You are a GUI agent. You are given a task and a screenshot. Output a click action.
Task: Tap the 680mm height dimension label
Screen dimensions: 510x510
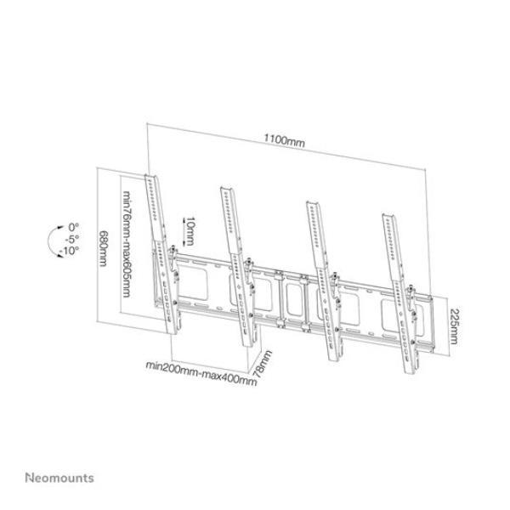click(103, 248)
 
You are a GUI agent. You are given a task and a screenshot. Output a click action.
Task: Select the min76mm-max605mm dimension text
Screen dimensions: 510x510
click(127, 243)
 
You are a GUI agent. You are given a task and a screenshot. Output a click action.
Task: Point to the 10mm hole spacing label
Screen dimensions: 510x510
click(190, 231)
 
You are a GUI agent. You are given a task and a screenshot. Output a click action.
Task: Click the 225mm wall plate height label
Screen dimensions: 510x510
click(453, 326)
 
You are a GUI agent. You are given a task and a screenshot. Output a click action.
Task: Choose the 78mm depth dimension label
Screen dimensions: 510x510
click(263, 364)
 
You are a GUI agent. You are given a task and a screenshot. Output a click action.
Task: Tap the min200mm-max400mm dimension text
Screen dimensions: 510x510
click(201, 373)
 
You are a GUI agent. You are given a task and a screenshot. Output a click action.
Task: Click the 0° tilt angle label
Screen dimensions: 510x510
click(73, 227)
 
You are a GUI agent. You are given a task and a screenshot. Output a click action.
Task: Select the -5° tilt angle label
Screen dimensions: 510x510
click(72, 239)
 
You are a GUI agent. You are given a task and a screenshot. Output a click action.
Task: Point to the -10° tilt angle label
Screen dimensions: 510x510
click(71, 251)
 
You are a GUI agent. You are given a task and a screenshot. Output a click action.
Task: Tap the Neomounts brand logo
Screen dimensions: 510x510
click(59, 478)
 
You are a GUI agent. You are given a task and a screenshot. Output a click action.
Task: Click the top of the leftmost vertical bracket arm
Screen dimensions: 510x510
click(150, 177)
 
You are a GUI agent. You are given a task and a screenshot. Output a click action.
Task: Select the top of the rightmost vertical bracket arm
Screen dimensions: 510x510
click(388, 216)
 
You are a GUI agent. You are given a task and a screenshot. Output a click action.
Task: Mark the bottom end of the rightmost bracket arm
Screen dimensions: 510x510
click(411, 371)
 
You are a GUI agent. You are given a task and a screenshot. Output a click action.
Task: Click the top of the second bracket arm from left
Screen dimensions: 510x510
click(226, 189)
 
